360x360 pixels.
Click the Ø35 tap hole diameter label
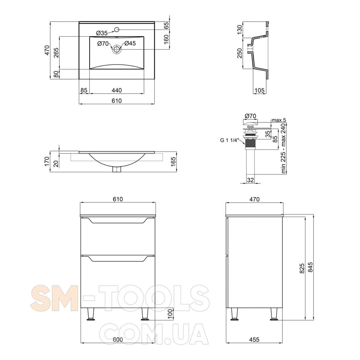[102, 33]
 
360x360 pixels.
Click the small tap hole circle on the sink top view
[117, 29]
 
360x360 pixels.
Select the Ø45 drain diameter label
[130, 43]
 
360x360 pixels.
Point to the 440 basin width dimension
[117, 90]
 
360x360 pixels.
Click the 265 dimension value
[56, 53]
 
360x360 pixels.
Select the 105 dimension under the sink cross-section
[259, 90]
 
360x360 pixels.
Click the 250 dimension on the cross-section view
[239, 53]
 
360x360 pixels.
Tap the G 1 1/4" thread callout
[229, 140]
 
